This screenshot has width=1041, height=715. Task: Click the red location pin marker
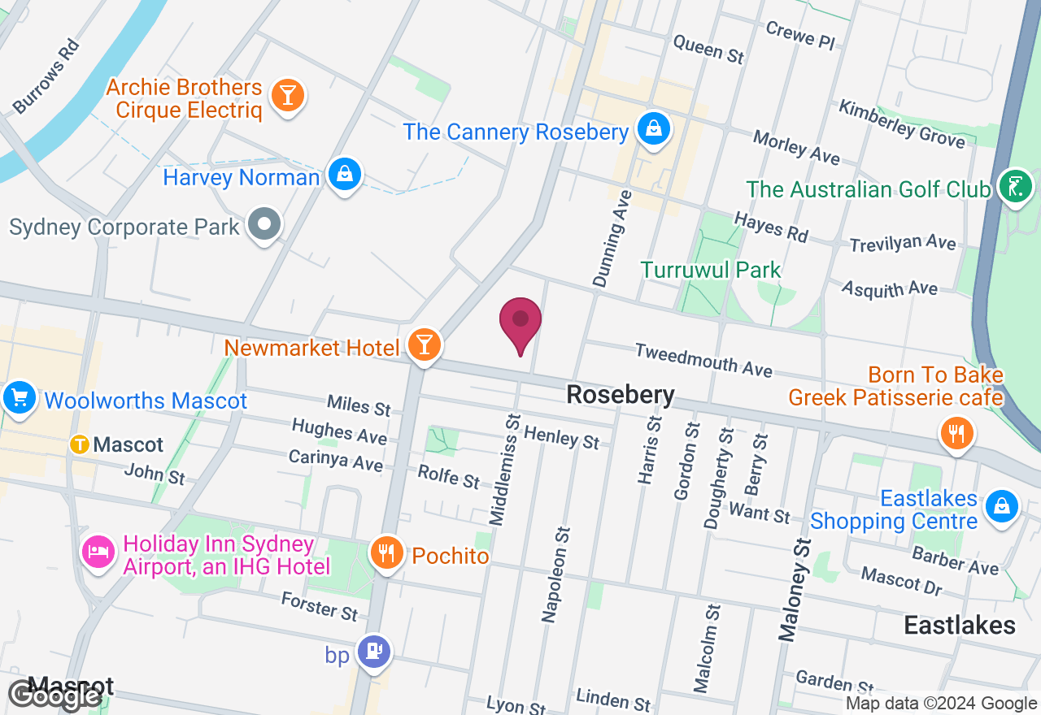[x=520, y=323]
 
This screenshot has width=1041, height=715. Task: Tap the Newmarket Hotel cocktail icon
[x=424, y=344]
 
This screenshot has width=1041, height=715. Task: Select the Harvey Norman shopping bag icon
[x=345, y=174]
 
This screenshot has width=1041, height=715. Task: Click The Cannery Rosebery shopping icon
[x=653, y=128]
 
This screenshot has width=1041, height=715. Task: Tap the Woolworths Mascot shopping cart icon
[x=19, y=398]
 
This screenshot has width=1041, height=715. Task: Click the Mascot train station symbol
[x=80, y=444]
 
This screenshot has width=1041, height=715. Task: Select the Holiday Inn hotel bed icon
[x=98, y=552]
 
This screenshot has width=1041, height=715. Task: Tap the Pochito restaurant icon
[x=386, y=553]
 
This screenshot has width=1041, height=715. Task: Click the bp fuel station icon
[x=374, y=651]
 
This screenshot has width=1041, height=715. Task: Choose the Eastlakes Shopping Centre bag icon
[x=1001, y=507]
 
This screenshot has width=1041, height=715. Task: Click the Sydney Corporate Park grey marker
[x=264, y=223]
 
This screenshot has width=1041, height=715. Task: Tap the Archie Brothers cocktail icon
[x=286, y=95]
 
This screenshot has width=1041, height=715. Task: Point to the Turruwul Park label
[x=710, y=270]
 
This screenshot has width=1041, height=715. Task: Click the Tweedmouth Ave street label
[x=703, y=359]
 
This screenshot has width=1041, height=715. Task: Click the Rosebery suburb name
[x=621, y=395]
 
